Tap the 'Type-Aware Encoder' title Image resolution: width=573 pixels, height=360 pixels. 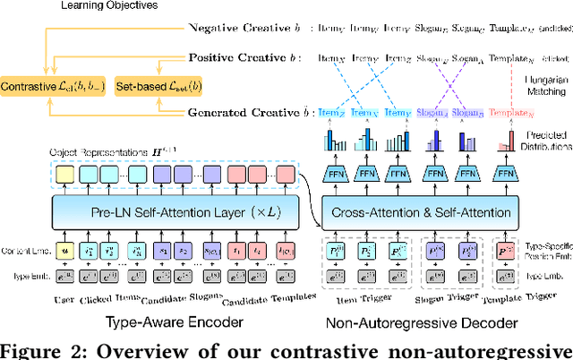(x=173, y=319)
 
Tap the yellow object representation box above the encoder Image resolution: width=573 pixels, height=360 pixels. (x=63, y=174)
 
